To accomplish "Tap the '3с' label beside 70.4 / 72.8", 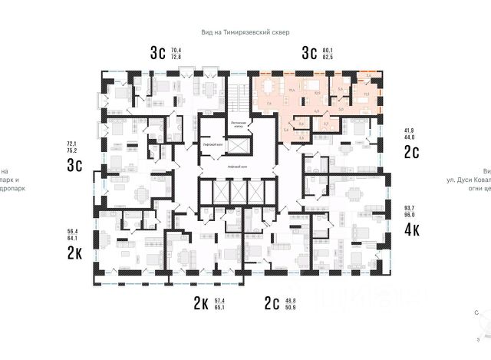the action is (x=158, y=53).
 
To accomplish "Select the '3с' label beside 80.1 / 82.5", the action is (x=310, y=53).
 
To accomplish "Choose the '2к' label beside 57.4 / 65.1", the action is (x=202, y=303).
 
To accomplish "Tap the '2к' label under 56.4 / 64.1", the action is (x=75, y=254).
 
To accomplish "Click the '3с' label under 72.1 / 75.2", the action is (x=75, y=166).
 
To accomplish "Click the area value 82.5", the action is (x=331, y=58).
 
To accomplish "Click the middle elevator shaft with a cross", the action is (x=238, y=193).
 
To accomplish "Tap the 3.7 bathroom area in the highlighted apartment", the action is (x=325, y=123).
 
